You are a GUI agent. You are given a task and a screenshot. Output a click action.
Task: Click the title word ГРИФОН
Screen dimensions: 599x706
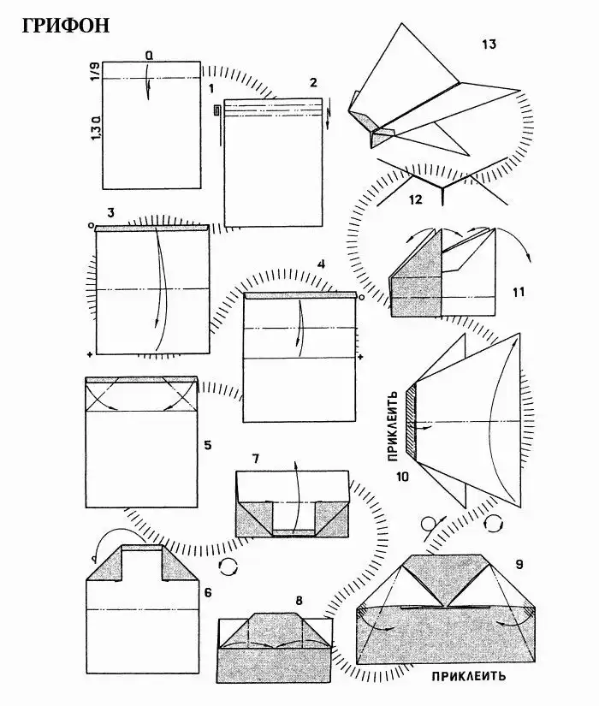pos(66,26)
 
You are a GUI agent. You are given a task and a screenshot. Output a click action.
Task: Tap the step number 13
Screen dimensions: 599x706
pos(489,44)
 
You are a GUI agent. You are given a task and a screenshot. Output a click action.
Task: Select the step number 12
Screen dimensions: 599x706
pos(415,199)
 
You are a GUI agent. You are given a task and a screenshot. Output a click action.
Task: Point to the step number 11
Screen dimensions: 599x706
pos(519,292)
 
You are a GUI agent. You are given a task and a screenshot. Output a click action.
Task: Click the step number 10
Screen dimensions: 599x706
pos(402,476)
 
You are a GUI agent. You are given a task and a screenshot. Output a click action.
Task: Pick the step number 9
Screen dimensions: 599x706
pos(519,564)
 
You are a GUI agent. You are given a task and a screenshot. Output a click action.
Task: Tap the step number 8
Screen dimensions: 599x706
pos(299,601)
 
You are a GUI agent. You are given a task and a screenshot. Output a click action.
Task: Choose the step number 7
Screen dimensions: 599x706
pos(255,459)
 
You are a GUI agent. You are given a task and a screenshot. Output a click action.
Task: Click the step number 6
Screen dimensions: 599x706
pos(208,592)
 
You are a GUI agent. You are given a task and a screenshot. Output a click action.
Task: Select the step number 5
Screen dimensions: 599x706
pos(208,445)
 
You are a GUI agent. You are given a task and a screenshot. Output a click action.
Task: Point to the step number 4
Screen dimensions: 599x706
pos(321,264)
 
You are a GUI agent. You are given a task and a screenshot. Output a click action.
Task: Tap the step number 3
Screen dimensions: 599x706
pos(110,212)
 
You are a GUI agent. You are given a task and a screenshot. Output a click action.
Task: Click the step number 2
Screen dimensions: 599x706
pos(313,82)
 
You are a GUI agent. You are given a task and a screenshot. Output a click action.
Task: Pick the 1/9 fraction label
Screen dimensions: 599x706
pos(96,71)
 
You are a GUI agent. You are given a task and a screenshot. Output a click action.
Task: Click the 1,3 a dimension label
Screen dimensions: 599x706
pos(96,128)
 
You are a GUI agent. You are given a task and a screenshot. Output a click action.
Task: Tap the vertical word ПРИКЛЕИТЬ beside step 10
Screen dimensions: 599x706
pos(393,426)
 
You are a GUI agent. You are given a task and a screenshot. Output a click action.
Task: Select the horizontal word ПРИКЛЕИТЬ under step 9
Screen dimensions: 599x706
pos(469,676)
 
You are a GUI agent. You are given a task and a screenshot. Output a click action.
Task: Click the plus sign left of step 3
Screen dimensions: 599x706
pos(91,355)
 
